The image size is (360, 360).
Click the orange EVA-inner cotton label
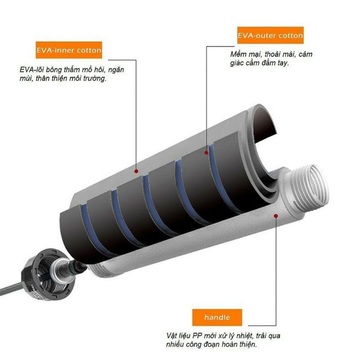[x=69, y=50]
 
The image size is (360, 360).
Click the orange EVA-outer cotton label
[x=270, y=36]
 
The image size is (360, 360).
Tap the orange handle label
[x=217, y=317]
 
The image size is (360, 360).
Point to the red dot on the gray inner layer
[x=136, y=171]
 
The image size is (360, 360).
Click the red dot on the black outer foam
[x=206, y=153]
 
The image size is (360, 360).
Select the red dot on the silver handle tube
[x=276, y=216]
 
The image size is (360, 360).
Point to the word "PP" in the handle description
[x=197, y=336]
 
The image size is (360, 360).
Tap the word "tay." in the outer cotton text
[x=283, y=63]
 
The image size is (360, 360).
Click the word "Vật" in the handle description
[x=172, y=336]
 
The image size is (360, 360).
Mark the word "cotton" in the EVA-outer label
[x=291, y=36]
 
